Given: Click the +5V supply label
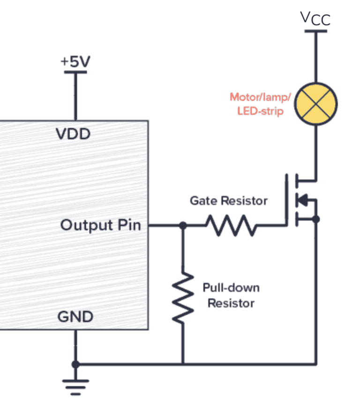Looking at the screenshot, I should tap(75, 62).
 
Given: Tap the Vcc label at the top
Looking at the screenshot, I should tap(315, 19).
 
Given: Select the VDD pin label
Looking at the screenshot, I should tap(73, 135).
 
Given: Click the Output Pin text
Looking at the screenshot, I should tap(100, 225).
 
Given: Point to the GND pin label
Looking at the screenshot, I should tap(75, 317).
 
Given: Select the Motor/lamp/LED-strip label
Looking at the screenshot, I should tap(260, 104).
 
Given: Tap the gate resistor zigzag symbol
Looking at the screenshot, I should tap(231, 225).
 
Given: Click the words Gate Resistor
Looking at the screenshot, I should tap(228, 201).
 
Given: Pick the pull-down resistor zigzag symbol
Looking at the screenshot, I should tap(182, 298).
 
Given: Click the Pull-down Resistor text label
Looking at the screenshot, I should tap(231, 295).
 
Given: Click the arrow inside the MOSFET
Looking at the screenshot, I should tap(303, 200).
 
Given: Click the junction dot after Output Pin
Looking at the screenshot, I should tap(183, 225).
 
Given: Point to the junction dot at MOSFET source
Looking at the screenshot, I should tap(316, 219).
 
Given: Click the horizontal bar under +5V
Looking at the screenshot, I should tap(75, 72).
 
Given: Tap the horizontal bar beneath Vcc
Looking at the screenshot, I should tap(315, 31).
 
